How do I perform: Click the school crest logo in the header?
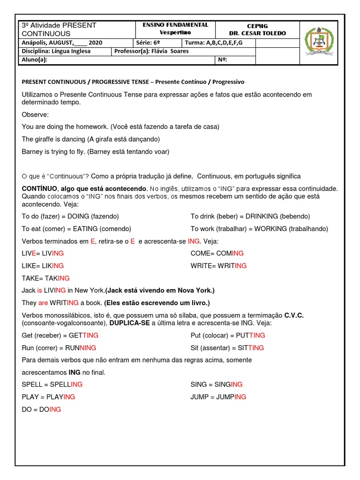pyautogui.click(x=321, y=43)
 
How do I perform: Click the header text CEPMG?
pyautogui.click(x=257, y=26)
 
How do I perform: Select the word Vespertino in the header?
pyautogui.click(x=175, y=32)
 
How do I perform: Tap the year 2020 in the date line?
pyautogui.click(x=95, y=43)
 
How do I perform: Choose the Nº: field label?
pyautogui.click(x=223, y=60)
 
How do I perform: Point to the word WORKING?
pyautogui.click(x=271, y=229)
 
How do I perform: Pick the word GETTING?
pyautogui.click(x=83, y=336)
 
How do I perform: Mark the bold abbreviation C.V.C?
pyautogui.click(x=294, y=316)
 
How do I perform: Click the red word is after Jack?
pyautogui.click(x=40, y=291)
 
